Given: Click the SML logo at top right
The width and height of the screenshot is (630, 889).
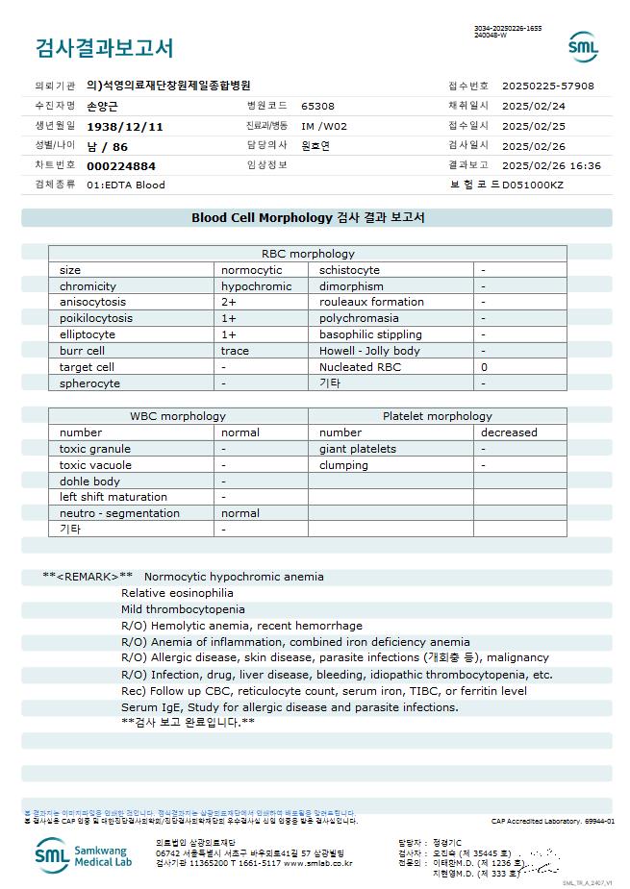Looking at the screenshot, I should point(583,47).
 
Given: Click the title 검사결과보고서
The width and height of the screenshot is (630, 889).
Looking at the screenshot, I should point(104,48).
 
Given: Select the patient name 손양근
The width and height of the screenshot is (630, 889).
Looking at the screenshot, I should point(103,107).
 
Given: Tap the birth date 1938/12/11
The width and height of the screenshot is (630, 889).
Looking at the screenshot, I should point(125,127).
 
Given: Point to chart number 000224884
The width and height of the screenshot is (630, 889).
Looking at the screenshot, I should point(120,166).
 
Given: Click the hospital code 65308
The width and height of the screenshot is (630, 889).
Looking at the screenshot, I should point(317,107).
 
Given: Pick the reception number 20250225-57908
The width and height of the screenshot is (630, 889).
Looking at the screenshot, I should point(548,86).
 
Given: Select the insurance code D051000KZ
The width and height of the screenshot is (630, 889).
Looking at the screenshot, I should point(533,185).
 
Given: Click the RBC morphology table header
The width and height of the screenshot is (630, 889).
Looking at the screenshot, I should point(308,254).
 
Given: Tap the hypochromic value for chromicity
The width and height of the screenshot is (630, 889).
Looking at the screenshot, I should point(256,286).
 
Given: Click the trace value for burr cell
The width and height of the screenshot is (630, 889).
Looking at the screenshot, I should point(235,351).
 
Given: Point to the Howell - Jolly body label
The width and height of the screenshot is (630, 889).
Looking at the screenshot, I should point(369,351).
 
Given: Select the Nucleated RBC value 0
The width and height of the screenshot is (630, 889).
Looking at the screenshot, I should point(484,367).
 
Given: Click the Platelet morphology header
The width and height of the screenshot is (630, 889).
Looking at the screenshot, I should point(437,416).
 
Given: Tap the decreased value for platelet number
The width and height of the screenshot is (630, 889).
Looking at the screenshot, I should point(509,432).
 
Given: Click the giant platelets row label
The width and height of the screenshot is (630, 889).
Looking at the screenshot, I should point(358,449).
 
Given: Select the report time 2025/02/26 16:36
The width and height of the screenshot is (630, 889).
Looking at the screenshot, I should point(551,166).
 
